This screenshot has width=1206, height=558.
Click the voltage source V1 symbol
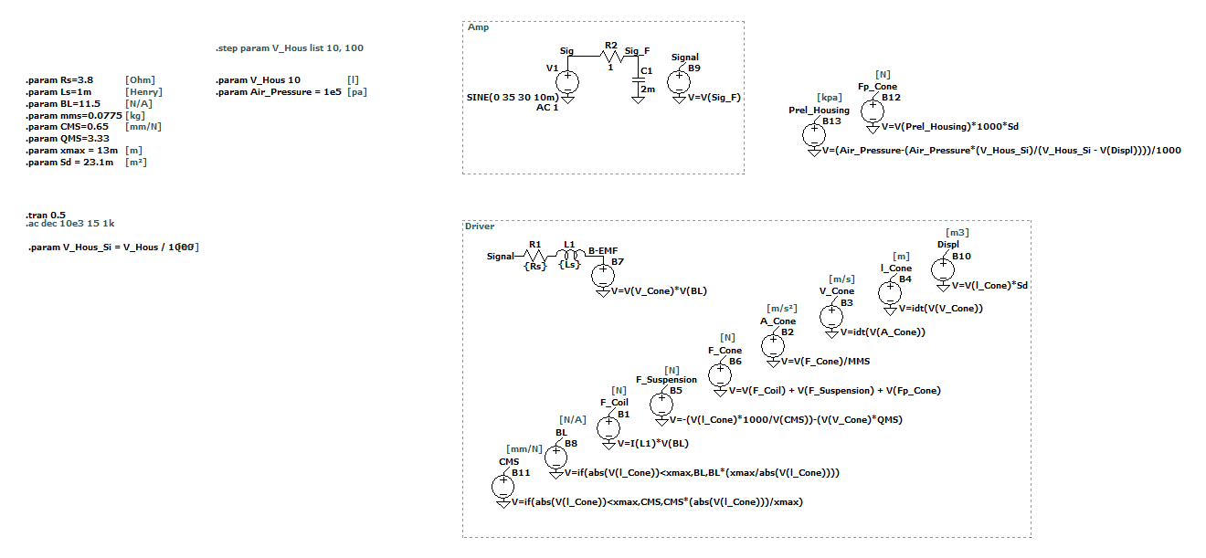[x=568, y=81]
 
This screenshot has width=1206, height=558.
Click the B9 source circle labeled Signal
[x=680, y=81]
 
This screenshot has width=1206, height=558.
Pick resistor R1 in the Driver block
[x=534, y=257]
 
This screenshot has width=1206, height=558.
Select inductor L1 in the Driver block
[x=569, y=257]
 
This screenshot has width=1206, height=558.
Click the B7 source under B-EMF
[x=603, y=275]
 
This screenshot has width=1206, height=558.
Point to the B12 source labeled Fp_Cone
[x=873, y=111]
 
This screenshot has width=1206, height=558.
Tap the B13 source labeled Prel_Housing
[x=813, y=135]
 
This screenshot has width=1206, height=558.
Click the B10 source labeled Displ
[x=942, y=269]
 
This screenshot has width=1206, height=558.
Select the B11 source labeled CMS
[x=503, y=486]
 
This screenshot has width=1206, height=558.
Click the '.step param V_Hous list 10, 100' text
[x=290, y=47]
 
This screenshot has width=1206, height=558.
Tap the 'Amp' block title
[x=478, y=27]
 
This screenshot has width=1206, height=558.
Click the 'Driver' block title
[x=480, y=226]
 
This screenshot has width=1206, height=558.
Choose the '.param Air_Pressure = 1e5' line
[x=278, y=92]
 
